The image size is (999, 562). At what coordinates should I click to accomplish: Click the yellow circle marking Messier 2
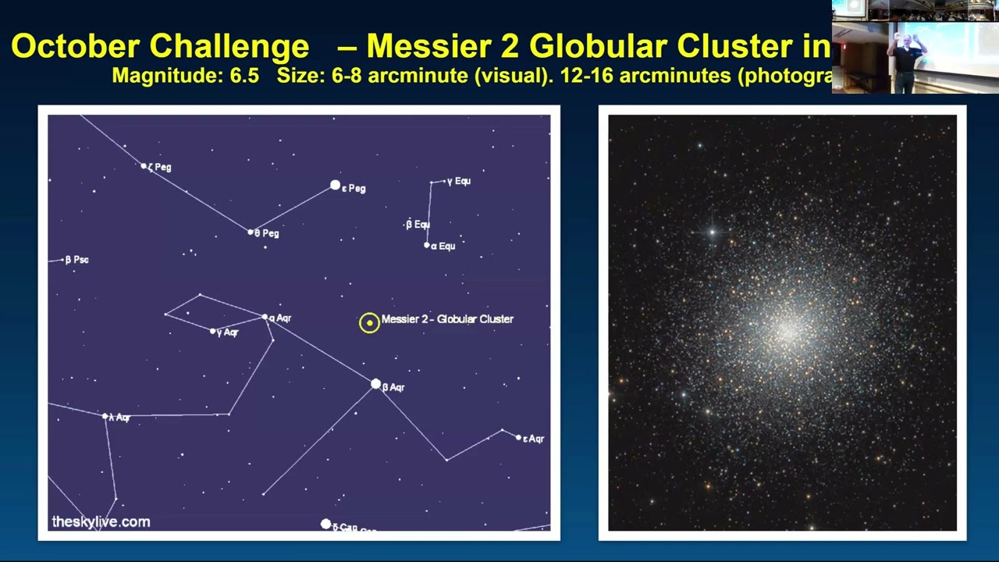coord(369,322)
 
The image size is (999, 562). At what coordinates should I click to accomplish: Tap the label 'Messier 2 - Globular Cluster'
coord(447,318)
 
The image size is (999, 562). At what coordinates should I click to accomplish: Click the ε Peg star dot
coord(335,185)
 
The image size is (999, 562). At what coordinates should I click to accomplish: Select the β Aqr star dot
coord(375,384)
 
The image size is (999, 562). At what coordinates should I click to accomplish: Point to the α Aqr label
coord(280,318)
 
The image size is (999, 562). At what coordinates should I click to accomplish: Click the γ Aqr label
coord(228,333)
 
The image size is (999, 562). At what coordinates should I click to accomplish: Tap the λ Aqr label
coord(119,418)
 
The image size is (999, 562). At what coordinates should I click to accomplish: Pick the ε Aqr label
coord(534,439)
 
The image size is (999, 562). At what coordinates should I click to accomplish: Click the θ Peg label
coord(267,233)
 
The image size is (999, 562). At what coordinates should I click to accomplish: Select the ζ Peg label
coord(160,167)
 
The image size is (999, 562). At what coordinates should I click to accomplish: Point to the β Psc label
coord(77,260)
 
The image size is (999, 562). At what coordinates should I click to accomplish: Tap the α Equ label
coord(443,246)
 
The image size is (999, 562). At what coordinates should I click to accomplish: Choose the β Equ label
coord(418,225)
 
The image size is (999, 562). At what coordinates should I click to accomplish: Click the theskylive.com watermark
coord(101,521)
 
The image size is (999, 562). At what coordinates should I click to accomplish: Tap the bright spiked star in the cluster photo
coord(712,231)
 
